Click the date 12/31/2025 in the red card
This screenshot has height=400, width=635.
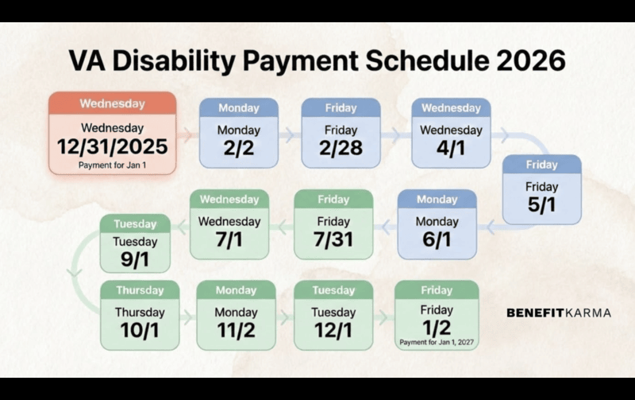point(112,147)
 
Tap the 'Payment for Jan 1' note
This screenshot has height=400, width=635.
point(112,165)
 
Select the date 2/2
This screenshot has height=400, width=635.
point(239,148)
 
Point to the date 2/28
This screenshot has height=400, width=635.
point(341,148)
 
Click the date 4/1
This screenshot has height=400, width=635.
point(451,148)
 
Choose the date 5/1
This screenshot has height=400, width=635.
point(541,204)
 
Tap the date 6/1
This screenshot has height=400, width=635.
point(437,239)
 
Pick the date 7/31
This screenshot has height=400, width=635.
point(333,239)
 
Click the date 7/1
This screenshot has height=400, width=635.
point(229,239)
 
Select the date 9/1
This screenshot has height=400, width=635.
point(135,259)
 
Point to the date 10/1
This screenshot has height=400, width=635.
point(140,330)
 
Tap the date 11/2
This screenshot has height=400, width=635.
point(236,330)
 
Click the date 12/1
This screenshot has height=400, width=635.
point(333,330)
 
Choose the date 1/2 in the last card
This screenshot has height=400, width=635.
point(437,328)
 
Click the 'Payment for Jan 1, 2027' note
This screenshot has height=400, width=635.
point(437,343)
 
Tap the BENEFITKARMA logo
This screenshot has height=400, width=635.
point(559,313)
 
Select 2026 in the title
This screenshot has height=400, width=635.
point(530,61)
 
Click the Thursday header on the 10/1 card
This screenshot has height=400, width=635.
point(140,290)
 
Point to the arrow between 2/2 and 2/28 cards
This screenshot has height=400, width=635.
point(290,134)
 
